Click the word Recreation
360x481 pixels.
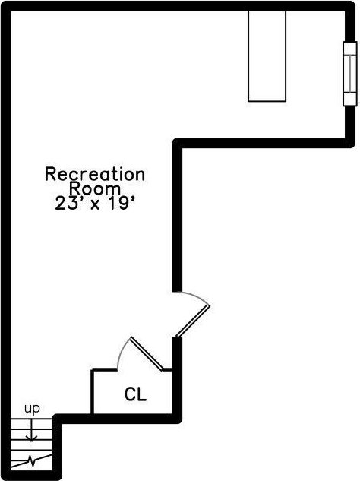[x=95, y=174]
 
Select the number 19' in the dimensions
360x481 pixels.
[x=120, y=203]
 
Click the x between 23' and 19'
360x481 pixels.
[x=96, y=205]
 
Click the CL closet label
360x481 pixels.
[x=135, y=394]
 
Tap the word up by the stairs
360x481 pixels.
[x=32, y=409]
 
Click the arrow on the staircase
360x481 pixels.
[x=32, y=431]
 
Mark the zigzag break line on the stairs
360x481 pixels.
[x=31, y=460]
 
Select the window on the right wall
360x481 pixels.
[x=350, y=74]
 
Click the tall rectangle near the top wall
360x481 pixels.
[x=267, y=56]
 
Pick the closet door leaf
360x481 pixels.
[x=147, y=353]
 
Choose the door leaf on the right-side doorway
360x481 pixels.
[x=193, y=321]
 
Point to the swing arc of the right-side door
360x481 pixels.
[x=193, y=296]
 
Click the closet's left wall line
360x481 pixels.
[x=93, y=392]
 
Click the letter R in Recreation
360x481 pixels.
[x=50, y=174]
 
